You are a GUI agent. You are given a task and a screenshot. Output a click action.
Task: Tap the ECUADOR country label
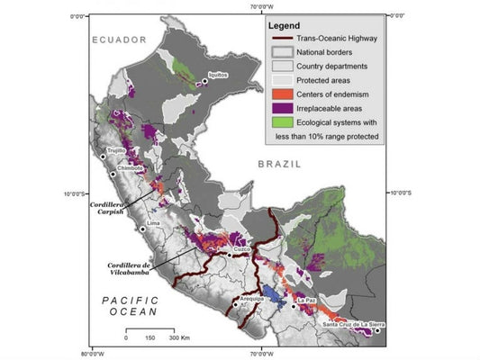pyautogui.click(x=118, y=40)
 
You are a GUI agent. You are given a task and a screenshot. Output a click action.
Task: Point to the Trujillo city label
pyautogui.click(x=116, y=151)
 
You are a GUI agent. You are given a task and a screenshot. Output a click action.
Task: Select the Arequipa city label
pyautogui.click(x=253, y=298)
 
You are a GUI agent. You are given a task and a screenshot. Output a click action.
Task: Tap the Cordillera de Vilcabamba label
pyautogui.click(x=124, y=269)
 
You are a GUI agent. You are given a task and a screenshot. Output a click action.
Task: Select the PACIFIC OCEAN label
pyautogui.click(x=129, y=305)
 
